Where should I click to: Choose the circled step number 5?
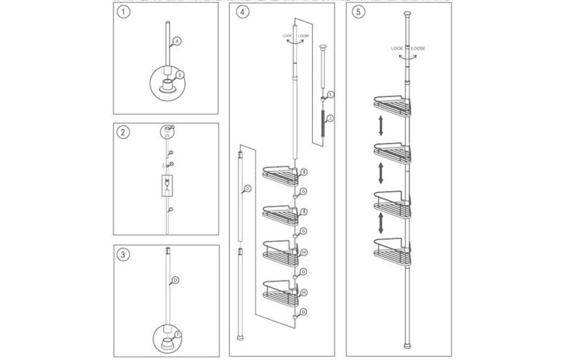(358, 12)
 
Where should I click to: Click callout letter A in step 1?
(177, 41)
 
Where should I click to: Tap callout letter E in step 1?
(180, 75)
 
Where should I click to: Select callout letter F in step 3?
(178, 334)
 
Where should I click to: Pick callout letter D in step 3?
(176, 280)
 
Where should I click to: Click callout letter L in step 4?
(331, 94)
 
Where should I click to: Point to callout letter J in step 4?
(330, 118)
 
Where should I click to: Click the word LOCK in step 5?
(397, 48)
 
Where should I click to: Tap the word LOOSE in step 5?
(418, 48)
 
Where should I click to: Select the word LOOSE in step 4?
(303, 36)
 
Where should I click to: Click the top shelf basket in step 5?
(392, 107)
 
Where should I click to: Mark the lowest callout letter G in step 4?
(304, 311)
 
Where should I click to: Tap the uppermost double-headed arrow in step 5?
(381, 126)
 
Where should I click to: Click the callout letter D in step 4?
(247, 188)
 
